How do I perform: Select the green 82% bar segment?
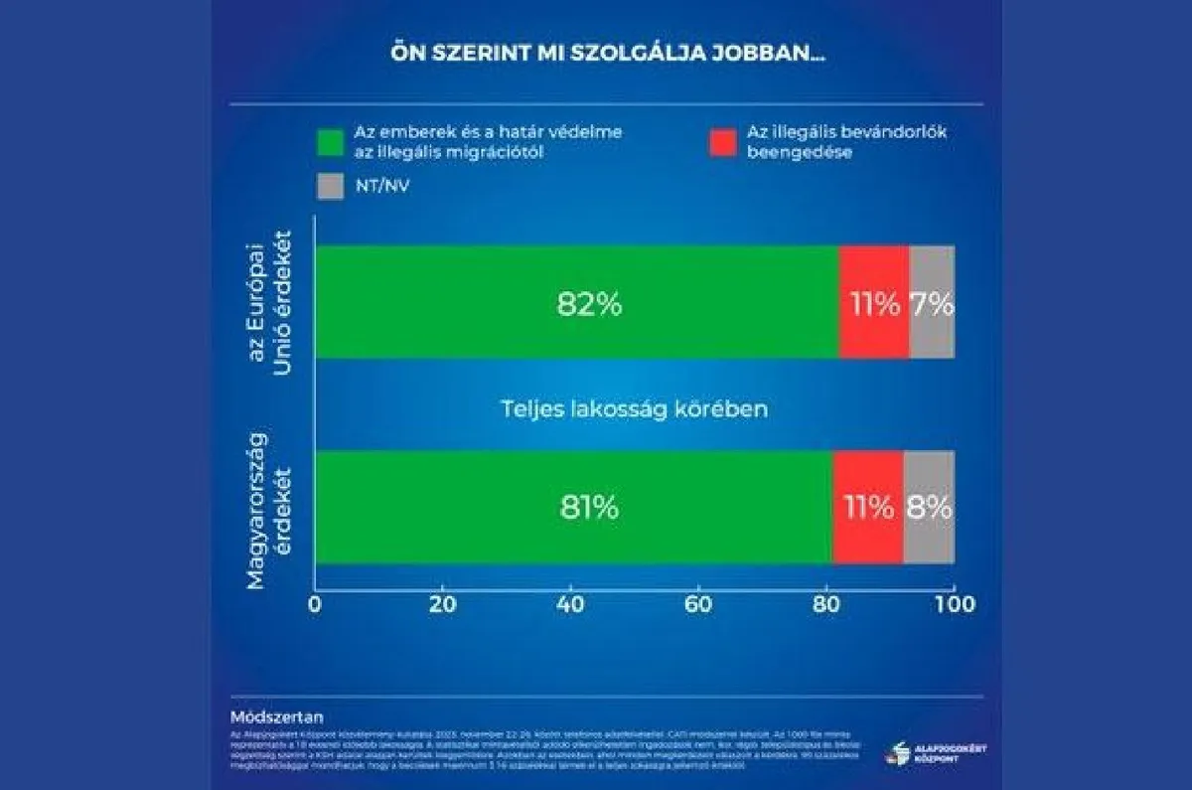[x=577, y=302]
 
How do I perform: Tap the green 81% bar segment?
[x=574, y=507]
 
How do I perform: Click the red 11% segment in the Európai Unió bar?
[x=874, y=302]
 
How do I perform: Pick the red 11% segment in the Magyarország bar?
[x=868, y=507]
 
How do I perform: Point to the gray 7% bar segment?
[x=932, y=302]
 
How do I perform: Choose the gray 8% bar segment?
[x=929, y=507]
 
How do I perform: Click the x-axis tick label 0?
[x=315, y=604]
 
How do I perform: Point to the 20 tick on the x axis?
[x=443, y=604]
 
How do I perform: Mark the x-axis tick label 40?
[x=571, y=604]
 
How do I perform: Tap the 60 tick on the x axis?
[x=698, y=604]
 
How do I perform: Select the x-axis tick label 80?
[x=826, y=604]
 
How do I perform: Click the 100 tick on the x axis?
[x=955, y=604]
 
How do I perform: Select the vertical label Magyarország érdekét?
[x=270, y=507]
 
